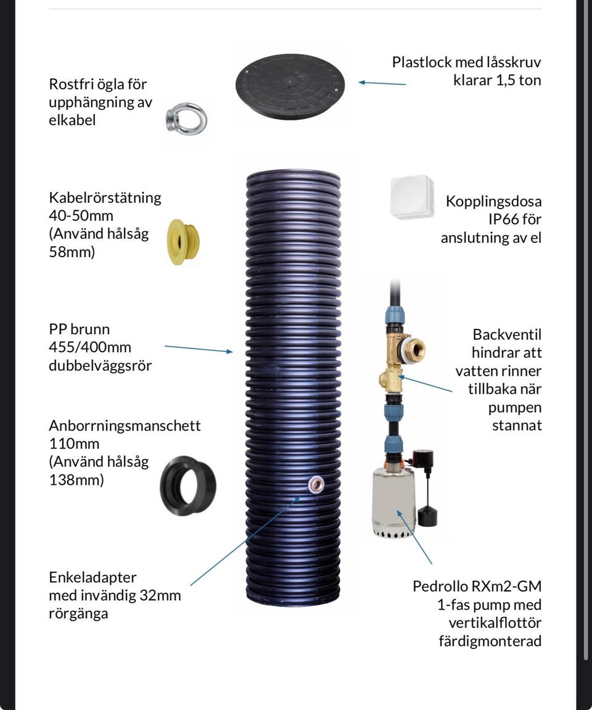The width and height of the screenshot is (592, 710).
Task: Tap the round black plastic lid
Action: (x=290, y=86)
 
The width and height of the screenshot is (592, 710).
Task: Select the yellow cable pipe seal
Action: (x=183, y=242)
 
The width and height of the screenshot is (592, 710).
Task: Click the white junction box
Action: (x=412, y=197)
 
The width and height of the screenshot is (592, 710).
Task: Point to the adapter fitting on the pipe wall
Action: (x=316, y=485)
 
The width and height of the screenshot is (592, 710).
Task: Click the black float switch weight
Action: (x=427, y=516)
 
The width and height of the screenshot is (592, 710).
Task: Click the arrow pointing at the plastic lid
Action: (x=382, y=83)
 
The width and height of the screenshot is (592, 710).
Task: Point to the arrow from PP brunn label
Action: (x=198, y=349)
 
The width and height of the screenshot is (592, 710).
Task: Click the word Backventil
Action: (x=507, y=334)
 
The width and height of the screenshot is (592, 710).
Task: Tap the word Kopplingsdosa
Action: (x=493, y=201)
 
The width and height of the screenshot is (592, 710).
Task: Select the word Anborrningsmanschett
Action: (x=125, y=426)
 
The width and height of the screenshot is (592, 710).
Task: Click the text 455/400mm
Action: (x=90, y=347)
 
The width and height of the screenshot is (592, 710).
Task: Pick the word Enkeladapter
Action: (x=92, y=577)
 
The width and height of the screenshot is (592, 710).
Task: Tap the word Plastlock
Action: (x=422, y=62)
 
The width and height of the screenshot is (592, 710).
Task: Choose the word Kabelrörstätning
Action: (x=105, y=198)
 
